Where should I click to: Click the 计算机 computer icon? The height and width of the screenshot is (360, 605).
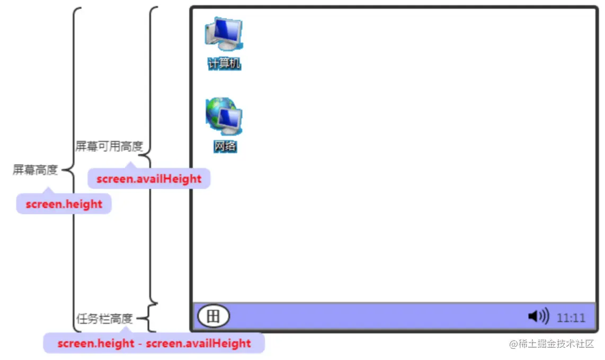click(224, 35)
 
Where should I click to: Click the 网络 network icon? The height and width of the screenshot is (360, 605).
click(224, 117)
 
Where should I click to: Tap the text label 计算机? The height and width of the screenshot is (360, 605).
click(224, 64)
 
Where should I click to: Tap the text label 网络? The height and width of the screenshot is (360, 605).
click(225, 146)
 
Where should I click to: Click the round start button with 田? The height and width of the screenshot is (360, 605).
click(213, 317)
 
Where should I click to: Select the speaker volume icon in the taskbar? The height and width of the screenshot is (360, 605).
click(538, 317)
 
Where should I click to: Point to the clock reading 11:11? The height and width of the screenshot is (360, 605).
click(571, 318)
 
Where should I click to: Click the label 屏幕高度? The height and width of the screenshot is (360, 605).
click(35, 170)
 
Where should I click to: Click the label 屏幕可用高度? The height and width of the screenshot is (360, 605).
click(109, 146)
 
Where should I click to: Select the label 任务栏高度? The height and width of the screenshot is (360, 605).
click(104, 319)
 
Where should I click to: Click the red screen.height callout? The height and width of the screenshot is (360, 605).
click(64, 204)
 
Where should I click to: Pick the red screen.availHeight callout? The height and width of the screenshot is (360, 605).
click(149, 179)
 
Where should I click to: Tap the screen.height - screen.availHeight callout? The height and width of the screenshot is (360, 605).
click(154, 343)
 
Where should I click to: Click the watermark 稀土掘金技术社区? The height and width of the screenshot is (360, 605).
click(556, 344)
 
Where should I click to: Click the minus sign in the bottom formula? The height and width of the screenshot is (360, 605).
click(140, 344)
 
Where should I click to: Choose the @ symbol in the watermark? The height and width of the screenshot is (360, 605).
click(513, 344)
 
